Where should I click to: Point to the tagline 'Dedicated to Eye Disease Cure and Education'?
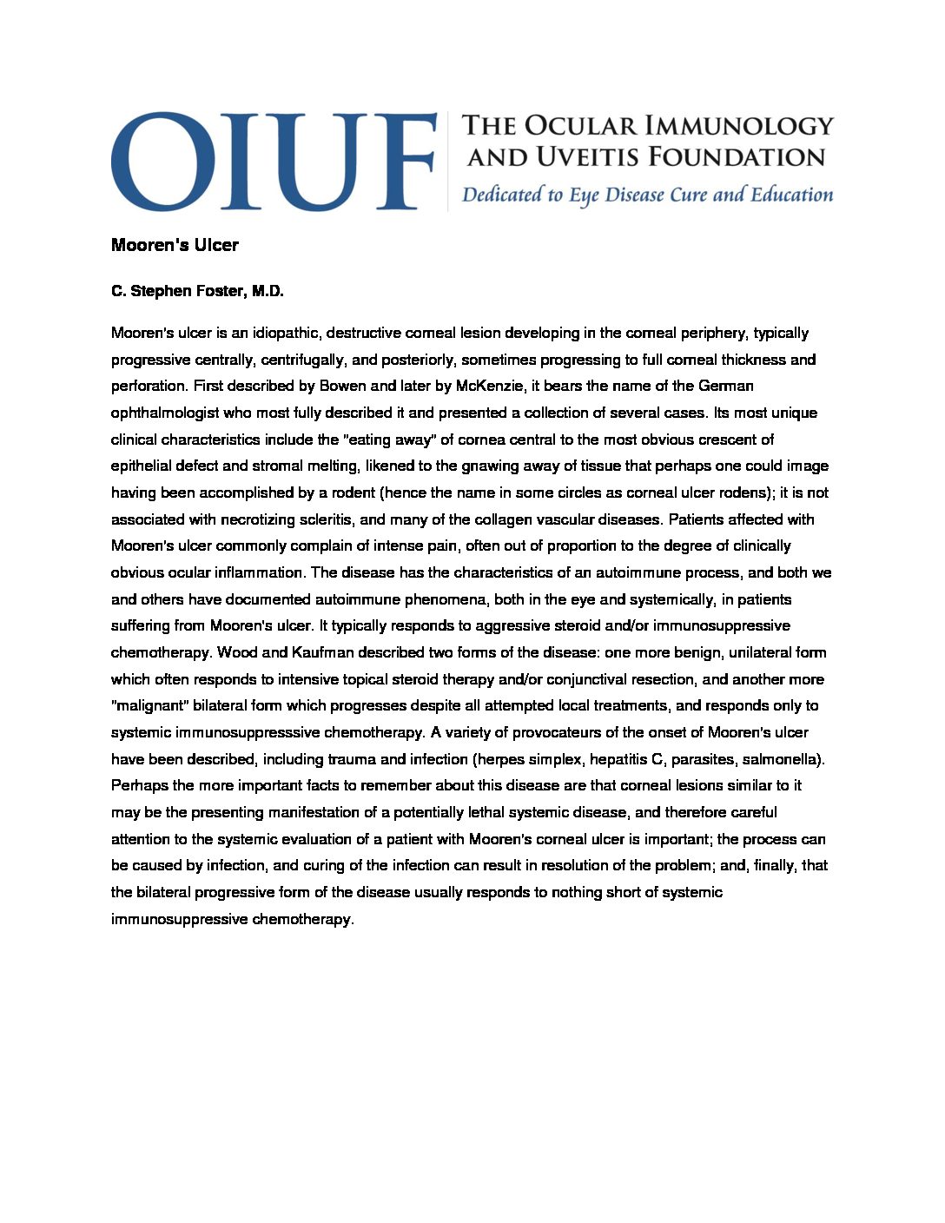[647, 195]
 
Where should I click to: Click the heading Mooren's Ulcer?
[175, 245]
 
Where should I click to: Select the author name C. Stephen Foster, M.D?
[197, 291]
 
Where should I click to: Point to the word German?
[726, 386]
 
